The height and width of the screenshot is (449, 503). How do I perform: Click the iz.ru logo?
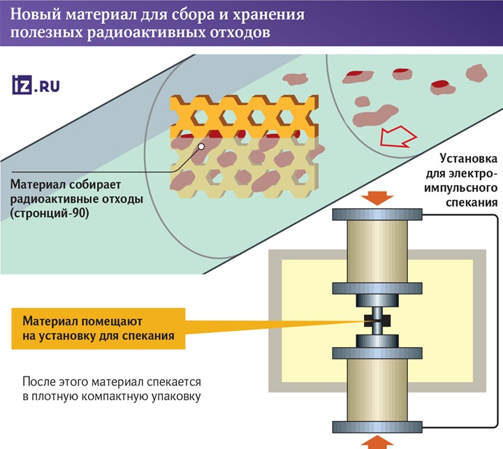point(36,86)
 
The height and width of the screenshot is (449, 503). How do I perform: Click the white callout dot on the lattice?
point(201,147)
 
